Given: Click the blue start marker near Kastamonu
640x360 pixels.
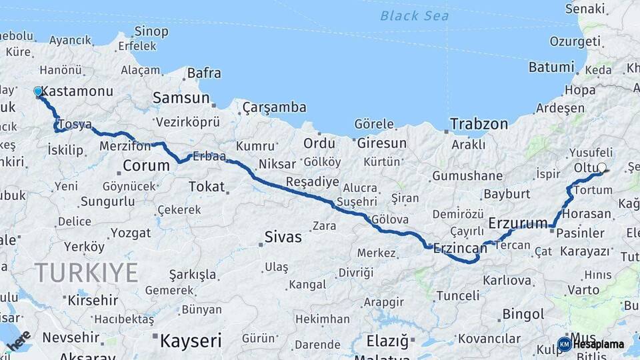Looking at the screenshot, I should tap(38, 91).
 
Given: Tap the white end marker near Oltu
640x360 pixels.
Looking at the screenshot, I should tap(602, 168).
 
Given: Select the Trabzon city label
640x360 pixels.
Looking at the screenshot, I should tap(479, 124).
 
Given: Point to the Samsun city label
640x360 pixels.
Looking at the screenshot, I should tap(181, 98).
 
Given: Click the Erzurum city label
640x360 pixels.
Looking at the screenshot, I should tap(518, 222).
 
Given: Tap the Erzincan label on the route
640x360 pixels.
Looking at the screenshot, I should tap(460, 248).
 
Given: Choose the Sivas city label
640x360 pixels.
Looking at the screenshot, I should tap(283, 237).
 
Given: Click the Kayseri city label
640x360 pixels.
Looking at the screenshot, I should tap(190, 341).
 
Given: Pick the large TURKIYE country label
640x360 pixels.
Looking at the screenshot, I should tap(87, 273).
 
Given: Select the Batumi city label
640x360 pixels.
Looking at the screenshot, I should tap(551, 67).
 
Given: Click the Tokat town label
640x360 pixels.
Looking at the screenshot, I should tap(207, 187).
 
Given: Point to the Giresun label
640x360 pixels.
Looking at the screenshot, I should tap(381, 143).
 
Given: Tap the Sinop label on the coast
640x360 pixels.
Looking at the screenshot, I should tap(151, 31).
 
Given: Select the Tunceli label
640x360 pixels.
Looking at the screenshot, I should tap(457, 295).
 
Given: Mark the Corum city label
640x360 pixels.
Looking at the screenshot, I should tap(147, 165).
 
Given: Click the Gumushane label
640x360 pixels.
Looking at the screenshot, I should tap(467, 176).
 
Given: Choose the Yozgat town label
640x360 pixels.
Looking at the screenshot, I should tap(131, 233).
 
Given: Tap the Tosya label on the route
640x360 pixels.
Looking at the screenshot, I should tap(75, 125).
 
